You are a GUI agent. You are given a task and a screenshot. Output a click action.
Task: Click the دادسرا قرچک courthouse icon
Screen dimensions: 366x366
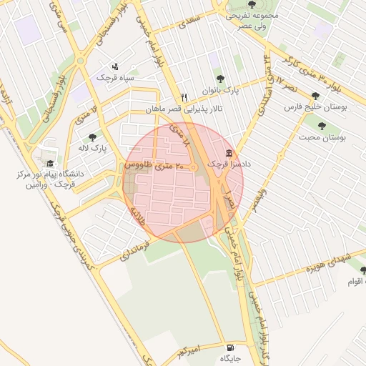(x=228, y=154)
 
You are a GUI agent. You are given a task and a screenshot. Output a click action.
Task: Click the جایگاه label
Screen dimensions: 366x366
(x=230, y=357)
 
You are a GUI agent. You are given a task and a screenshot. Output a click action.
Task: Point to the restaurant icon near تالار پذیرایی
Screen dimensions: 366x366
(x=184, y=98)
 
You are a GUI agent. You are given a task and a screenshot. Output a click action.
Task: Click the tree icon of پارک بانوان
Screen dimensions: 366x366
(x=219, y=79)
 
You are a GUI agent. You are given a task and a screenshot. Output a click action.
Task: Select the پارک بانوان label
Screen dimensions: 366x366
(x=217, y=91)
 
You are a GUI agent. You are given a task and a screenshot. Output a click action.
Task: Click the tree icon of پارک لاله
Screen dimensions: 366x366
(x=92, y=137)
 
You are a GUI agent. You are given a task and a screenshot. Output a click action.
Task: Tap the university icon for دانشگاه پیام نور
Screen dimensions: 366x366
(x=50, y=163)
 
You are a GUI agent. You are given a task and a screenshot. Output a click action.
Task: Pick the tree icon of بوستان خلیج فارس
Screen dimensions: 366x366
(x=316, y=95)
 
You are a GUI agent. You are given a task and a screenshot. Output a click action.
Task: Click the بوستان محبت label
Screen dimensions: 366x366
(x=322, y=137)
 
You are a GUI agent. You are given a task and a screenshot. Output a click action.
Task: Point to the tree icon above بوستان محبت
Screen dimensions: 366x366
(x=322, y=126)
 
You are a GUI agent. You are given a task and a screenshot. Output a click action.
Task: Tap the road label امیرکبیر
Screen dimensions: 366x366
(x=194, y=350)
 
